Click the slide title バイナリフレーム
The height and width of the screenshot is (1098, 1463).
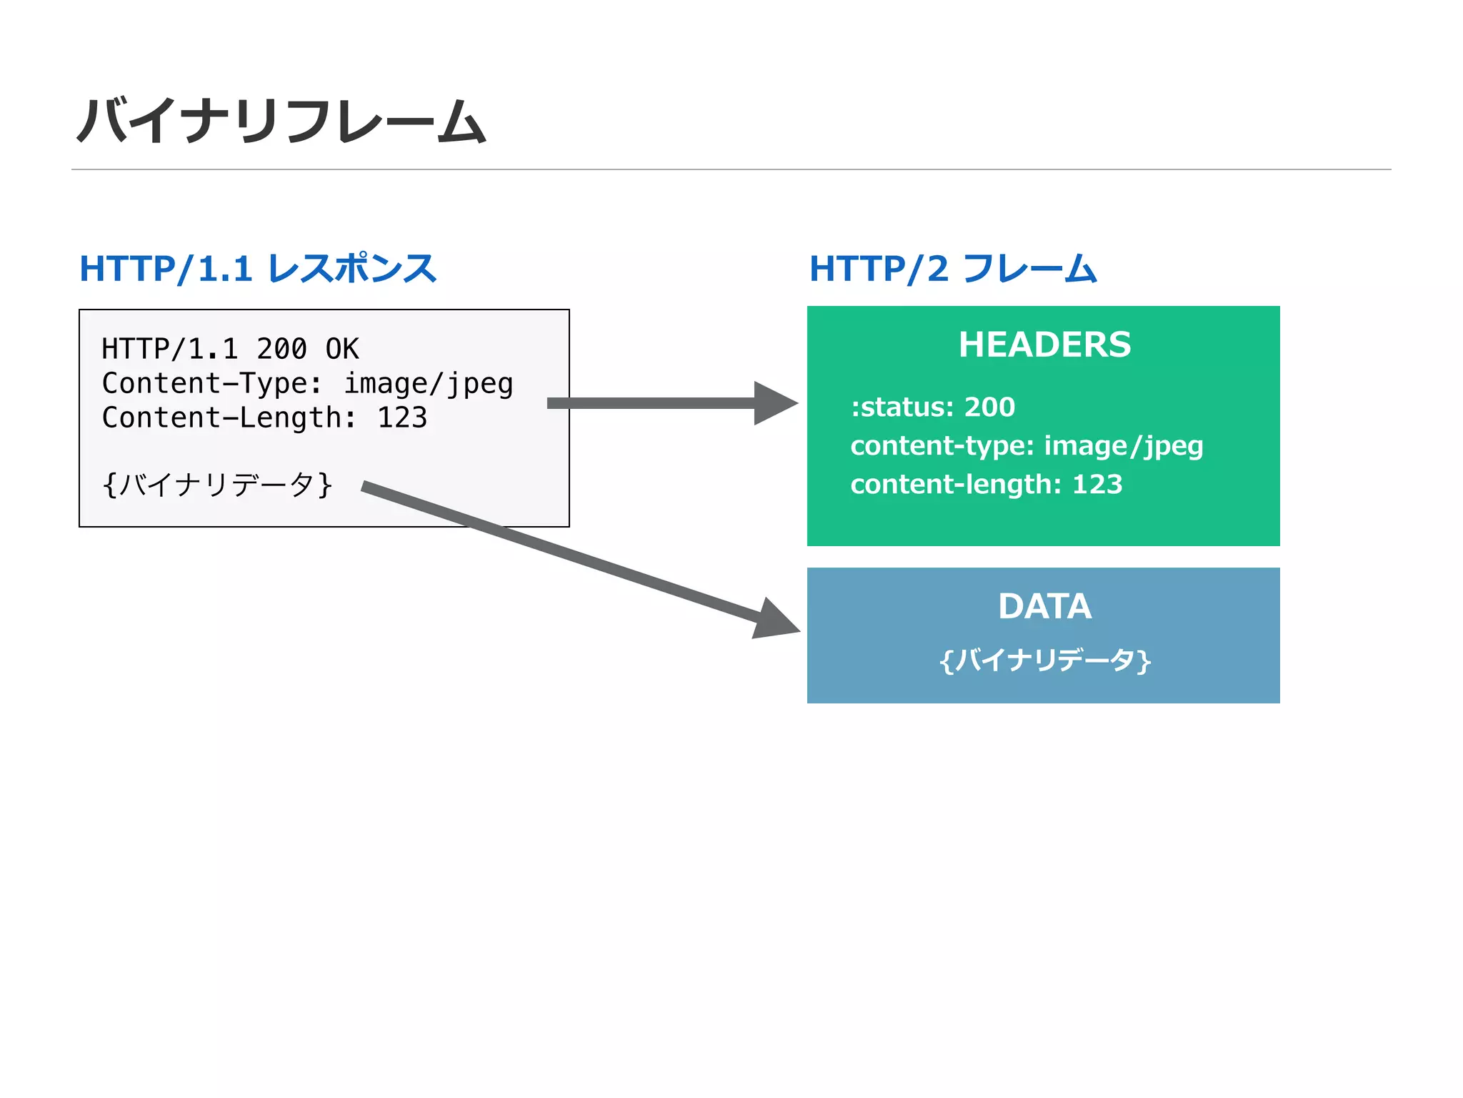pos(281,122)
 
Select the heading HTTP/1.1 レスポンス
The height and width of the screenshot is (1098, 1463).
pos(257,269)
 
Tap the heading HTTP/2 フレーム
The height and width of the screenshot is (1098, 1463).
pos(952,269)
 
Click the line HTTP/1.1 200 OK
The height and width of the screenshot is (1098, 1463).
pos(230,349)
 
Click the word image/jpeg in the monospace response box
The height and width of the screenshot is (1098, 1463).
pos(429,385)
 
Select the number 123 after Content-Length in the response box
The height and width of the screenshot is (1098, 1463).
pos(402,418)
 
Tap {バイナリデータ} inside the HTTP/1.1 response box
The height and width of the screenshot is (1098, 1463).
pos(217,485)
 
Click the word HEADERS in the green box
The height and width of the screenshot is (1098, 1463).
pos(1044,345)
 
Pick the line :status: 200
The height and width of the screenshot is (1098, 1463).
pos(932,407)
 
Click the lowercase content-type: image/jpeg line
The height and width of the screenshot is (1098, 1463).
pos(1027,446)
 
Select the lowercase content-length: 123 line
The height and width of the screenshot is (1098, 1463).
pos(986,485)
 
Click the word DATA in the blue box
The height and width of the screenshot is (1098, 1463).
pos(1044,606)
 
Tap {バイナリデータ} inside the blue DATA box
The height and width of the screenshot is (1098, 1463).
pos(1044,660)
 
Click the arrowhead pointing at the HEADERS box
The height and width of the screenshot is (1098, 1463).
pos(774,403)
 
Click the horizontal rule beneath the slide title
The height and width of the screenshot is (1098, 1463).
pos(731,169)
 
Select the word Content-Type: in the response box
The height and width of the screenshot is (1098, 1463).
pos(212,384)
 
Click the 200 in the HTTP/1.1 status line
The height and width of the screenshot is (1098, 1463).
pos(281,349)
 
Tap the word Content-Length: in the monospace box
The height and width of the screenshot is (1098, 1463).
pos(229,418)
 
